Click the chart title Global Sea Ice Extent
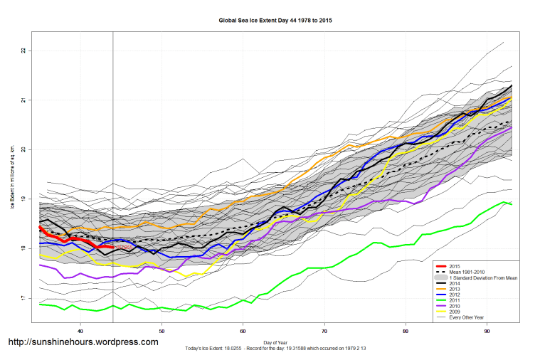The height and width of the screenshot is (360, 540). pyautogui.click(x=275, y=21)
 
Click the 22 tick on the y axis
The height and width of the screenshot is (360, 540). pyautogui.click(x=23, y=51)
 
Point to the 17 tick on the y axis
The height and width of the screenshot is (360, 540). pyautogui.click(x=23, y=298)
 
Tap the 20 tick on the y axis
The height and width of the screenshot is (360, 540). pyautogui.click(x=23, y=149)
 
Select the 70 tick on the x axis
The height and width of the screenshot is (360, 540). pyautogui.click(x=324, y=331)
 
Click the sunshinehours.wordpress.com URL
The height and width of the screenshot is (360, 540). pyautogui.click(x=83, y=342)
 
